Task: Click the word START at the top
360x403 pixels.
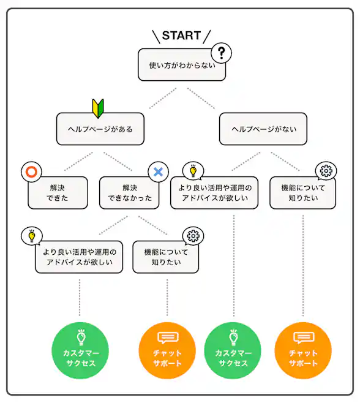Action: [x=181, y=36]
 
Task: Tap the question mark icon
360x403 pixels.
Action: [x=222, y=54]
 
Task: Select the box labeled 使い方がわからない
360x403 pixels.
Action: [x=182, y=66]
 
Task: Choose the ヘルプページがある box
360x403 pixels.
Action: [x=100, y=129]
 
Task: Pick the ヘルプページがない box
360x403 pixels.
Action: [x=263, y=129]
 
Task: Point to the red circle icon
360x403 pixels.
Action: [x=31, y=172]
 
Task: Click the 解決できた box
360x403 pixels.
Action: [x=58, y=193]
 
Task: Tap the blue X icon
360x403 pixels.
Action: [x=158, y=172]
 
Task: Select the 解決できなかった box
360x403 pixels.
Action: [x=129, y=193]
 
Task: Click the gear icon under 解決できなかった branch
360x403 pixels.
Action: [x=193, y=236]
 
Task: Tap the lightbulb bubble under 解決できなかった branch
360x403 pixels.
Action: [x=31, y=236]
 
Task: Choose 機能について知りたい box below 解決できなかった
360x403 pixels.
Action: [x=166, y=257]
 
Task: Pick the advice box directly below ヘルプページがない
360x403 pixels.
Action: [x=214, y=193]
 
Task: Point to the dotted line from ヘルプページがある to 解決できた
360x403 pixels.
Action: [x=78, y=162]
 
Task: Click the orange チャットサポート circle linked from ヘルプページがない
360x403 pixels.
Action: [x=303, y=350]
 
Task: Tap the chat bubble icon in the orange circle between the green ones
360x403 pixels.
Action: [x=167, y=337]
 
